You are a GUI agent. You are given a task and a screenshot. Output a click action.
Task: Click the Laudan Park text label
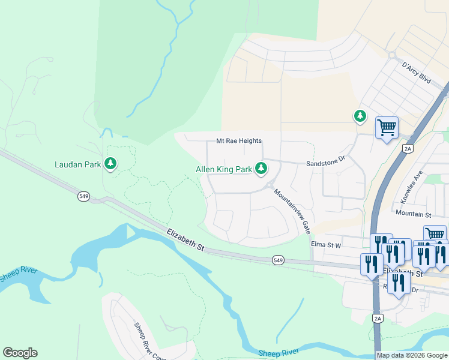click(x=77, y=164)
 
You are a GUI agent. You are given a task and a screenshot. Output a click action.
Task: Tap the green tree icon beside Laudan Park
click(x=110, y=163)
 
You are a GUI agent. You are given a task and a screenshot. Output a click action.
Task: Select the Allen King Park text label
click(x=224, y=170)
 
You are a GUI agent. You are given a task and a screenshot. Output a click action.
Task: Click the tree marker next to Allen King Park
click(x=261, y=169)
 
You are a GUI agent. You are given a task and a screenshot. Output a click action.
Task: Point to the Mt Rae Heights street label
click(x=239, y=141)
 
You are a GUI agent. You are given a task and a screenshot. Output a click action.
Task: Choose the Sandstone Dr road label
click(x=327, y=162)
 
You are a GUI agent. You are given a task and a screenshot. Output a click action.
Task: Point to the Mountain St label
click(x=414, y=214)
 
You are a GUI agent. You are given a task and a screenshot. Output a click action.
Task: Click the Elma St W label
click(x=326, y=244)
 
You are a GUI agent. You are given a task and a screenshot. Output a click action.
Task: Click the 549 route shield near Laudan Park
click(x=83, y=196)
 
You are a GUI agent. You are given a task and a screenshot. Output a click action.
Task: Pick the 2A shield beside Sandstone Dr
click(x=408, y=148)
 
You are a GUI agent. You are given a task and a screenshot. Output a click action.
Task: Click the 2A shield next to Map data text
click(x=378, y=317)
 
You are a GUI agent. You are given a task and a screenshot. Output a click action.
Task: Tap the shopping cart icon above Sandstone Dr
click(x=387, y=127)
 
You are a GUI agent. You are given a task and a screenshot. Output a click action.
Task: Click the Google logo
click(x=20, y=353)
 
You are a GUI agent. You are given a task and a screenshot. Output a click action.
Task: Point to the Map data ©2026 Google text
click(x=412, y=355)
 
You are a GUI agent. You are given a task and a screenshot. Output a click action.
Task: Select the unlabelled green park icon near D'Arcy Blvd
click(x=360, y=116)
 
